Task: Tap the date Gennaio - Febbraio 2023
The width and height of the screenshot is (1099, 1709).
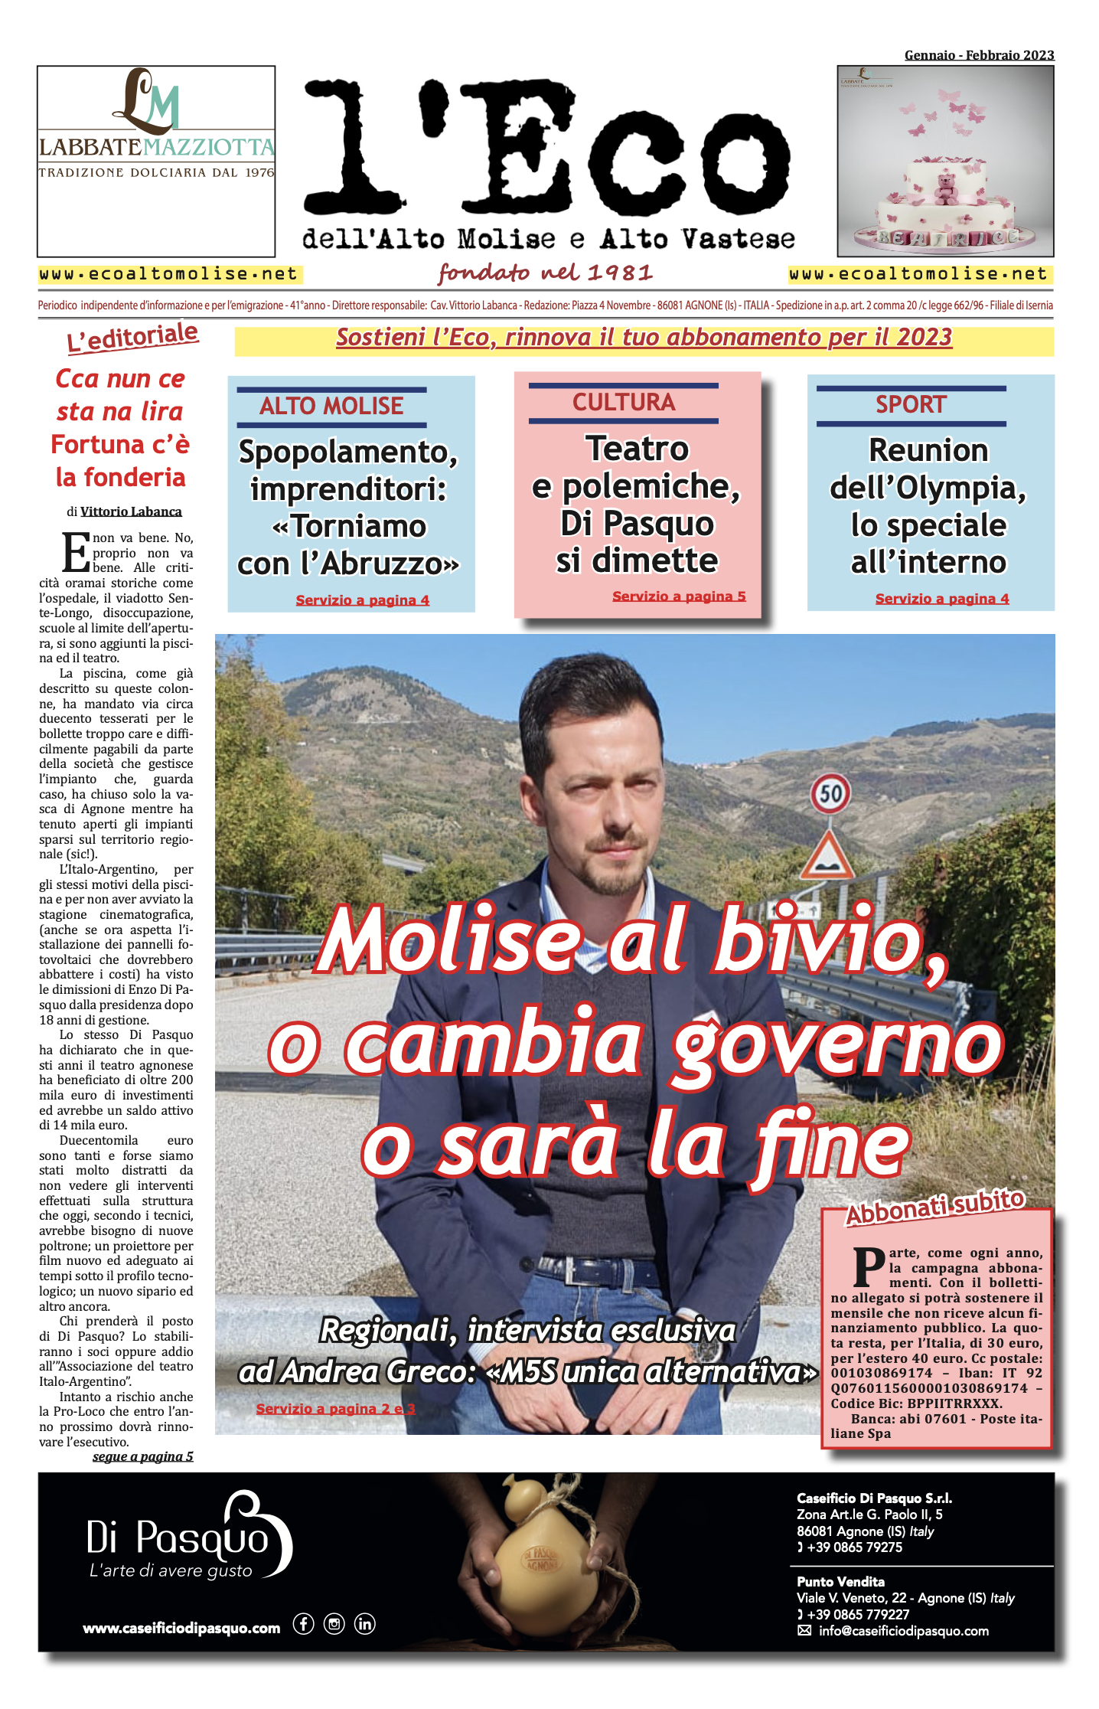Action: click(x=979, y=55)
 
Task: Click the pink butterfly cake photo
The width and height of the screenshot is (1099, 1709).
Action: click(x=945, y=161)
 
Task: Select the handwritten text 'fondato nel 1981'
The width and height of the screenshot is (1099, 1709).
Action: click(x=546, y=273)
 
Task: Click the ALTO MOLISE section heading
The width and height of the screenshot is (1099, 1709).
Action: click(x=331, y=406)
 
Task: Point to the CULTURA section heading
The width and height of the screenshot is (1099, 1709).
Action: click(x=624, y=403)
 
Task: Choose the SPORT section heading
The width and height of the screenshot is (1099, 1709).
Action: click(x=911, y=404)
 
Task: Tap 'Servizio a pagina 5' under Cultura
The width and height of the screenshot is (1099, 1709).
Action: click(x=679, y=596)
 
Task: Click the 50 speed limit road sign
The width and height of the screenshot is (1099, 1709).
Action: click(x=831, y=793)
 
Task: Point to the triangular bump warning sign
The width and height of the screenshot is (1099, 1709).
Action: click(x=827, y=856)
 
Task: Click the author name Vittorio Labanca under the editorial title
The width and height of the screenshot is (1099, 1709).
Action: click(x=131, y=511)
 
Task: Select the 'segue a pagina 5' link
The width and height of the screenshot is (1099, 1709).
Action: click(x=143, y=1456)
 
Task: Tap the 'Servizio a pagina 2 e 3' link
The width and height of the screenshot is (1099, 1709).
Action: click(x=335, y=1409)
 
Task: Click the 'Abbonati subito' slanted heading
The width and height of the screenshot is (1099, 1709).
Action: click(x=934, y=1207)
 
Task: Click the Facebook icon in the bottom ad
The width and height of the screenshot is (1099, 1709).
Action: click(x=304, y=1624)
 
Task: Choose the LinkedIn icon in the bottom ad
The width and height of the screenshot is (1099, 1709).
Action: click(x=365, y=1624)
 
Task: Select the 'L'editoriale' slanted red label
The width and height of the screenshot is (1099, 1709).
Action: click(x=132, y=338)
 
